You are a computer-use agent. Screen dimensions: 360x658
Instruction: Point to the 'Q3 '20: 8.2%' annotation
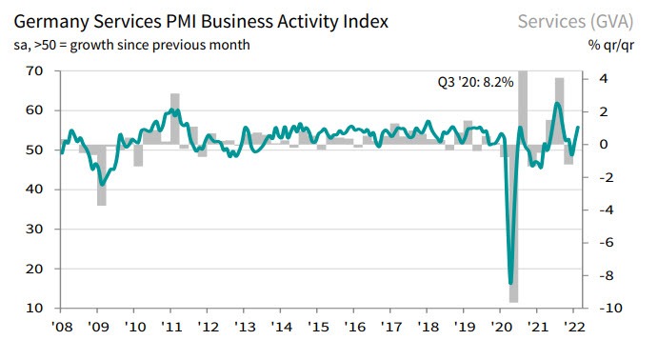[469, 83]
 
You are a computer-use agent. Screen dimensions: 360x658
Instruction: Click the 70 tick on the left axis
[36, 70]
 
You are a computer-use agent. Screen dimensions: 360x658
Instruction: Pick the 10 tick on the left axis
[36, 309]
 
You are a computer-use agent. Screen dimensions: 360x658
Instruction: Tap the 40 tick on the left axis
[36, 190]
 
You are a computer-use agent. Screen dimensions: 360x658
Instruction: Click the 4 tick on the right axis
[602, 79]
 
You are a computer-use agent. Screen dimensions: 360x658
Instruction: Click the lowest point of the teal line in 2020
[511, 282]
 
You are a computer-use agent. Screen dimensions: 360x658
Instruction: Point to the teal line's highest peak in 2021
[557, 103]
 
